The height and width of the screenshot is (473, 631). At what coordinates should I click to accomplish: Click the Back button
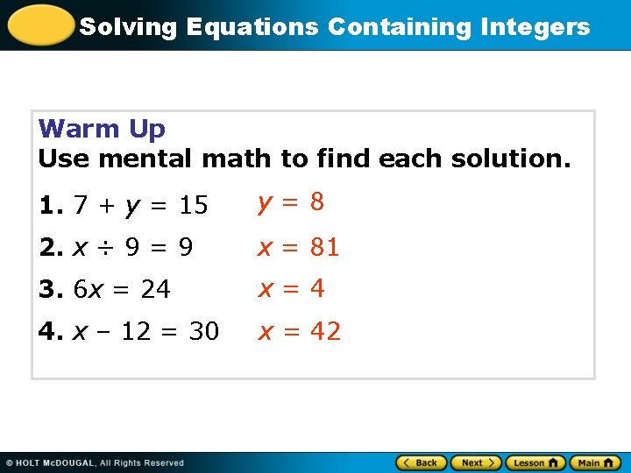(x=421, y=462)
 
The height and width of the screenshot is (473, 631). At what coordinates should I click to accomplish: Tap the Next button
(x=477, y=462)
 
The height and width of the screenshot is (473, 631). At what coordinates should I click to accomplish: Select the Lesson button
(x=535, y=462)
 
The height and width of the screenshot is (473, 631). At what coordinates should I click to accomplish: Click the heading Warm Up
(x=102, y=129)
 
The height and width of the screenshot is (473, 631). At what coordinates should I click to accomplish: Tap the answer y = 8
(x=291, y=202)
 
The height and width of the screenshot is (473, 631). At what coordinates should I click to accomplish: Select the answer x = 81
(x=298, y=247)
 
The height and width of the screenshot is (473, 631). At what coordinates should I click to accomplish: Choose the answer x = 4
(x=291, y=288)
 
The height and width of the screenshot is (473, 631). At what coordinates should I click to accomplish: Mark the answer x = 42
(x=298, y=331)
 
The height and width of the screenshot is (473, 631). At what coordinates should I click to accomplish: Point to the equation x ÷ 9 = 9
(x=132, y=248)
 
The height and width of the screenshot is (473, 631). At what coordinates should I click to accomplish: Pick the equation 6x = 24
(x=122, y=289)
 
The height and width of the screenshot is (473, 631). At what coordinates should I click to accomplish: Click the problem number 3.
(x=48, y=289)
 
